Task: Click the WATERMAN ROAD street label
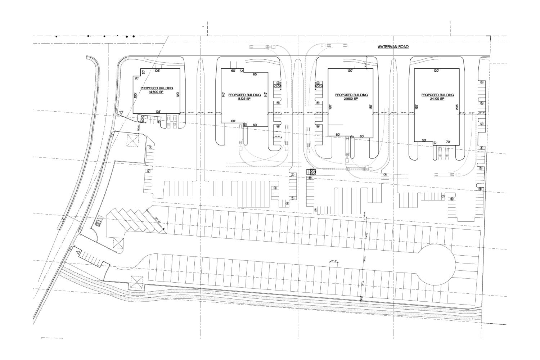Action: coord(393,47)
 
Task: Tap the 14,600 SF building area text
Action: coord(157,92)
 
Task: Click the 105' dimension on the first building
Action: coord(157,71)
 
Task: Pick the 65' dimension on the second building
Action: coord(255,74)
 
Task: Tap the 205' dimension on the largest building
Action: coord(457,107)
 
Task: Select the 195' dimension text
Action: coord(417,107)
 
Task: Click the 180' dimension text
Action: coord(330,107)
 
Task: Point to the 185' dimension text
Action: coord(370,107)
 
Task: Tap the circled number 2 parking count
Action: coord(293,175)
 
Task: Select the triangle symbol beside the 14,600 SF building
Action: coord(122,113)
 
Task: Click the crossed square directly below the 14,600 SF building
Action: coord(132,140)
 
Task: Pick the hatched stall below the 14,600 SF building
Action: coord(142,118)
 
